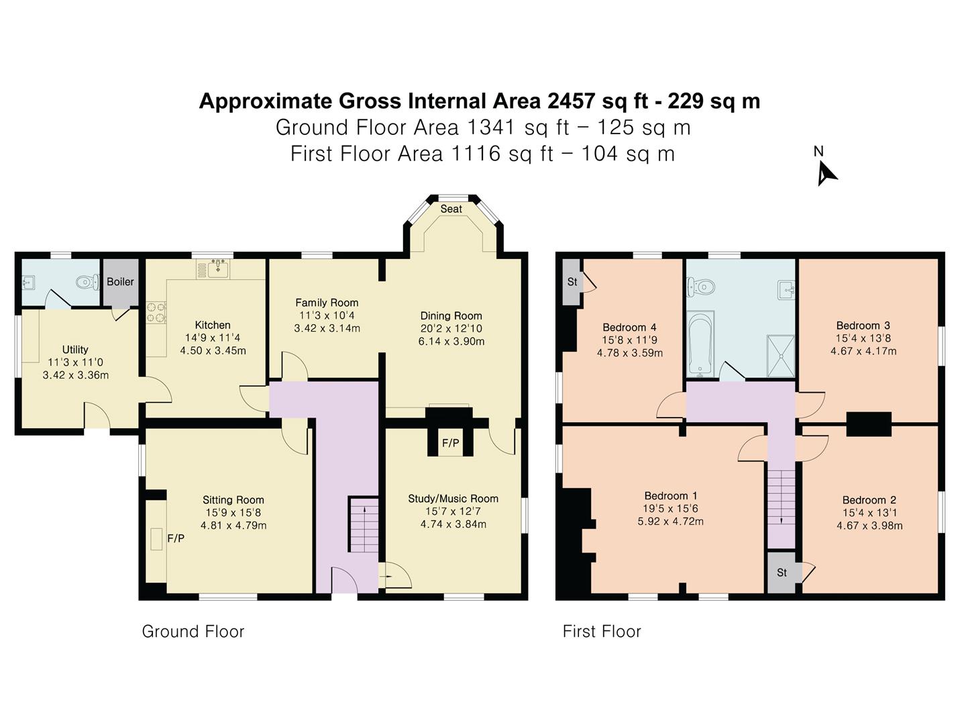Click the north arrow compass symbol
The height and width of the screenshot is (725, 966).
point(826,173)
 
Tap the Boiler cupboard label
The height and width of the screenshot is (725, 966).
point(120,282)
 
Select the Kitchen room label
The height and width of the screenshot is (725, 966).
point(213,326)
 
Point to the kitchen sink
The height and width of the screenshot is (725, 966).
point(218,269)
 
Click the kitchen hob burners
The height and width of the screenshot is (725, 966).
point(156,311)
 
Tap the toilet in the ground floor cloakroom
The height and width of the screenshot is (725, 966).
point(87,282)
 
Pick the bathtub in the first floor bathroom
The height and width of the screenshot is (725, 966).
point(700,344)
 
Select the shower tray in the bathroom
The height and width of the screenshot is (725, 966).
point(781,356)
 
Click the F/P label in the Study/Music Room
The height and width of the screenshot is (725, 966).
point(450,443)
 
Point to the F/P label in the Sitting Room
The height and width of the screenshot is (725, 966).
point(176,538)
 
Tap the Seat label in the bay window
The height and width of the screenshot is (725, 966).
point(451,209)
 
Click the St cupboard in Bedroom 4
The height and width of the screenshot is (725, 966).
point(572,282)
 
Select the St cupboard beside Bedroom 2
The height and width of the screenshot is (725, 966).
point(782,572)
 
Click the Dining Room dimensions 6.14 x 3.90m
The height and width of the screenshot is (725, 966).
point(451,341)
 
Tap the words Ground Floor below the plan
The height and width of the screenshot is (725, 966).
point(193,631)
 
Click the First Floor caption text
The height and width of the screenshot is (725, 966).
point(602,631)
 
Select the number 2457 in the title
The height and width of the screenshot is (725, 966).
point(572,101)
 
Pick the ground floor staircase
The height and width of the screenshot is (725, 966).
point(364,524)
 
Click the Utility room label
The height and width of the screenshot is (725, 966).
point(75,350)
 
